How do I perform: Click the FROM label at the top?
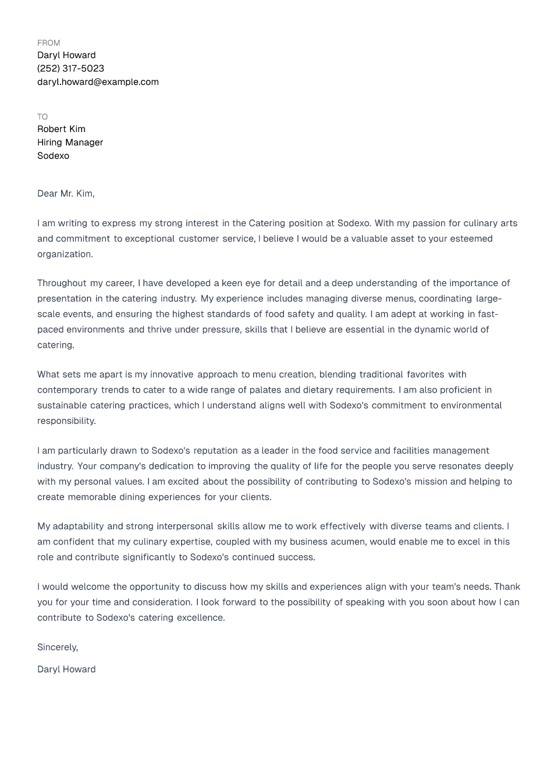tap(48, 43)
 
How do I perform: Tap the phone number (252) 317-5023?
tap(70, 69)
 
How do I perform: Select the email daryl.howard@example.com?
tap(98, 82)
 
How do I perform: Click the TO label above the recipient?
tap(42, 117)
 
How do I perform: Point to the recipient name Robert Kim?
tap(61, 129)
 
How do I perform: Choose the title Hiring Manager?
tap(70, 143)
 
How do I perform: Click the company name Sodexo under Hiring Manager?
tap(53, 156)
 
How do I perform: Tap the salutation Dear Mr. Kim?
tap(66, 194)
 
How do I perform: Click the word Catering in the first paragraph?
tap(267, 223)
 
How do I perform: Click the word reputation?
tap(215, 451)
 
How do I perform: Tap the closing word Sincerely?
tap(58, 647)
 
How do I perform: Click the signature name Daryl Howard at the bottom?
tap(66, 669)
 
